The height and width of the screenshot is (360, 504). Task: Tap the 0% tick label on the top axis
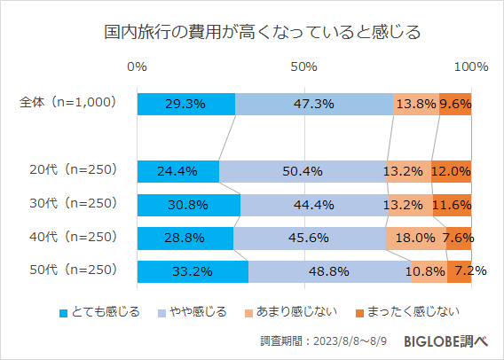click(138, 67)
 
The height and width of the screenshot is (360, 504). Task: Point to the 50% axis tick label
click(304, 67)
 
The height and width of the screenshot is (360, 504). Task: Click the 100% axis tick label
click(470, 67)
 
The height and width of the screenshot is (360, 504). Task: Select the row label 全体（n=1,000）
click(68, 103)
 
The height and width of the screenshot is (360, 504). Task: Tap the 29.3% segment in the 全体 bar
click(185, 104)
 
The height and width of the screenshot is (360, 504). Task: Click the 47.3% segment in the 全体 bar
click(313, 104)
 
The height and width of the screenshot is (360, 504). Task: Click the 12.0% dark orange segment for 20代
click(451, 171)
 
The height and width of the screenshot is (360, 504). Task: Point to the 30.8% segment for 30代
click(188, 205)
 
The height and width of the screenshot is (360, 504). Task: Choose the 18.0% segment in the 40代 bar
click(415, 238)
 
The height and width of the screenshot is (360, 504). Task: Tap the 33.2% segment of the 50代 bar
click(193, 271)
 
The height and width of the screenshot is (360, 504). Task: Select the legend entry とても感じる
click(98, 311)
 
